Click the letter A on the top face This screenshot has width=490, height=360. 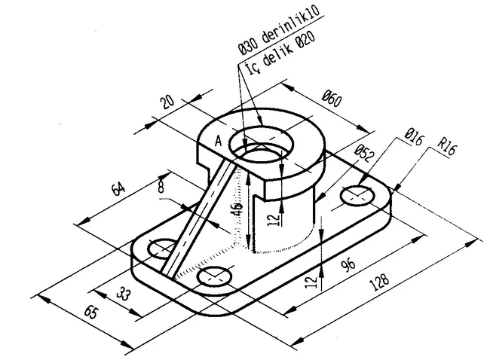click(x=219, y=141)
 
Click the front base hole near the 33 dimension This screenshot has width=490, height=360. click(x=213, y=276)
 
